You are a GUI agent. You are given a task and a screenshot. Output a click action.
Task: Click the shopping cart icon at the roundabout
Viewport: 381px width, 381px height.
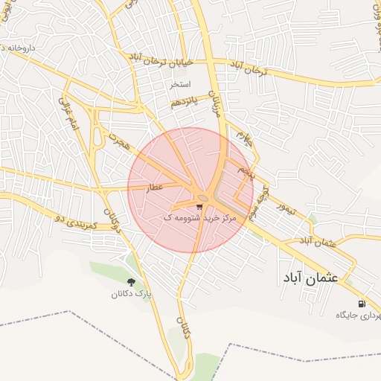point(199,206)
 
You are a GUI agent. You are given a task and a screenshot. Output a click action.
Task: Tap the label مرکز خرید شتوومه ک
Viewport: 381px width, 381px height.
point(199,218)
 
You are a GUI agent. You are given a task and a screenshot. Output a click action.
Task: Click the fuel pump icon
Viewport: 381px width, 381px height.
point(362,304)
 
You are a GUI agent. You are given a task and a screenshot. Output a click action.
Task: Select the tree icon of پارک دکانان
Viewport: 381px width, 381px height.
point(132,282)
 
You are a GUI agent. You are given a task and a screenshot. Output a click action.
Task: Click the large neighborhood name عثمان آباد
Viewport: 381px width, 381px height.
point(310,277)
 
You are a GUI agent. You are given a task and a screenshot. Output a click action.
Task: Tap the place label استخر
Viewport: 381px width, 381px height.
point(181,85)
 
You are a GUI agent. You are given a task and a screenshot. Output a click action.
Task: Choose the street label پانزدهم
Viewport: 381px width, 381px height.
point(183,103)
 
